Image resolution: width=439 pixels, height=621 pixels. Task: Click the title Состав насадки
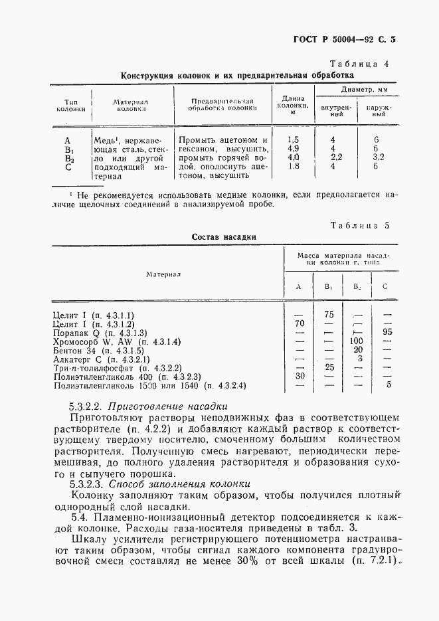click(224, 236)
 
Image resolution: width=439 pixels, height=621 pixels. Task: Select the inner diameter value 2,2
click(336, 158)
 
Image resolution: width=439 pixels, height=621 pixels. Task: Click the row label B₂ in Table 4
click(68, 159)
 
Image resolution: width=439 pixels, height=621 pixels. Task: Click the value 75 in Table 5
click(327, 314)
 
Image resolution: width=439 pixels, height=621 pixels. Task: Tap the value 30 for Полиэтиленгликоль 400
click(299, 376)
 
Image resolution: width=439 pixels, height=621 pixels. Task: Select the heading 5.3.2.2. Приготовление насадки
click(149, 406)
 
